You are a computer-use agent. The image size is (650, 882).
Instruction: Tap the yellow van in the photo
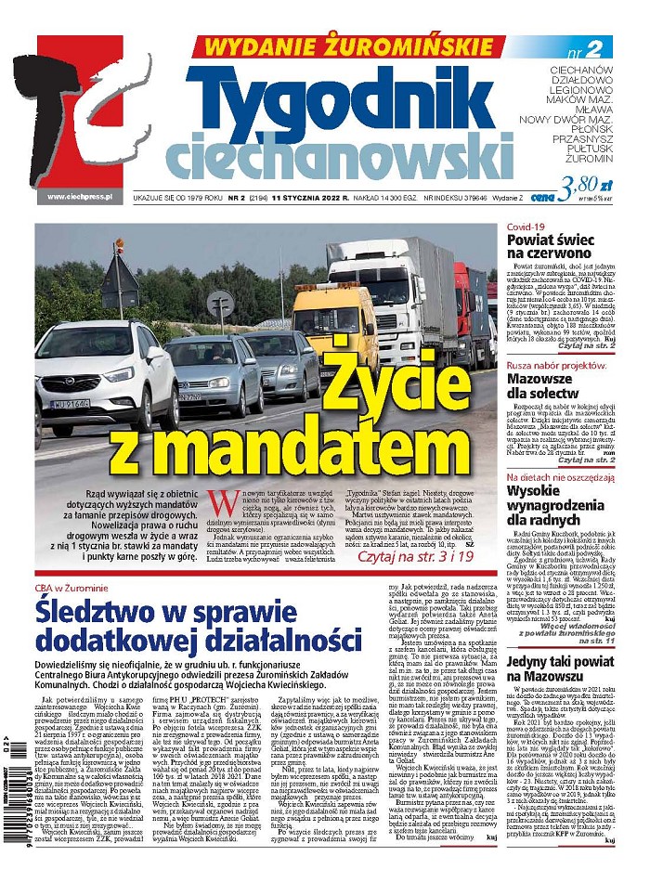[x=334, y=321]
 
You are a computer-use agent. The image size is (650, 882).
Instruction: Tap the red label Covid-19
[x=526, y=227]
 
